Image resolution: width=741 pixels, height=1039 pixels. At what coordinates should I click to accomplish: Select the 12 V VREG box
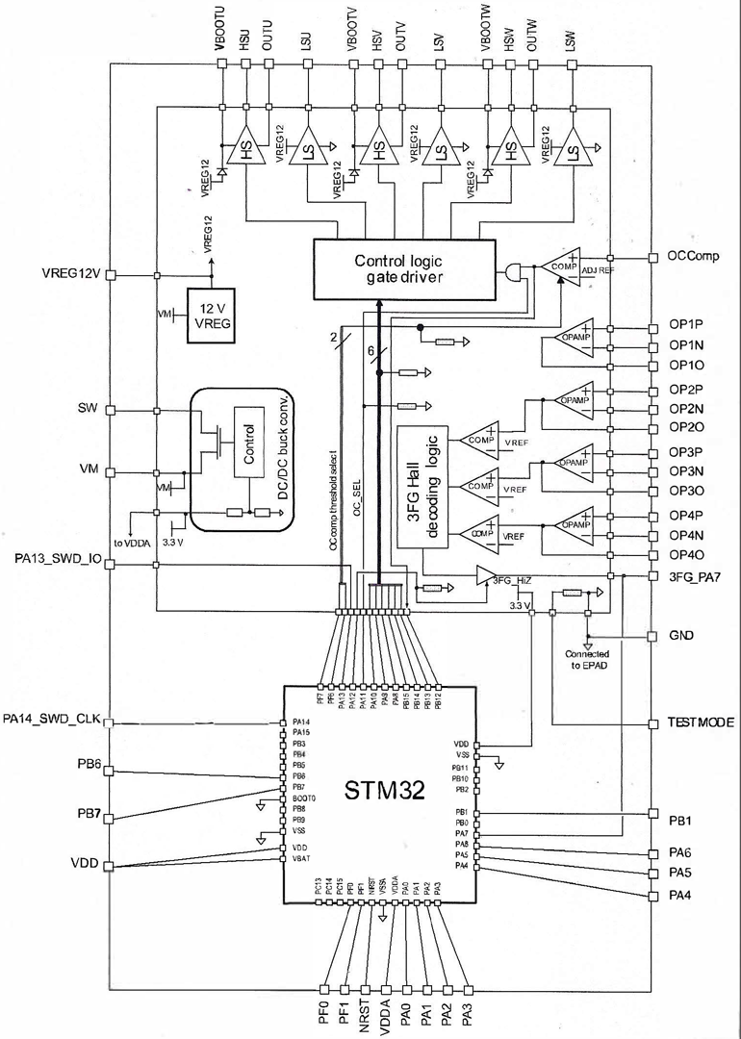(212, 317)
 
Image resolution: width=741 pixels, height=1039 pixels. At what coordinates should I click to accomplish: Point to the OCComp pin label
(693, 258)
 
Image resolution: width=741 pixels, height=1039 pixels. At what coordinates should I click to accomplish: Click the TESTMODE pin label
(702, 722)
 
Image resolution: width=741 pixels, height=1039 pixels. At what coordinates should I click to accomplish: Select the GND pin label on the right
(680, 636)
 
